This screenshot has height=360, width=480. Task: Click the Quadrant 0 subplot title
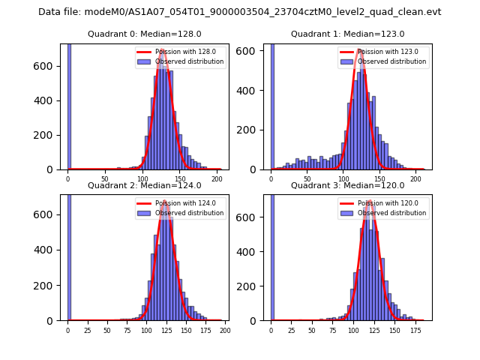[x=143, y=34]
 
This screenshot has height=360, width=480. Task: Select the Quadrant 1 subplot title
[x=347, y=34]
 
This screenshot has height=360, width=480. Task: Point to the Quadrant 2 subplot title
[x=143, y=185]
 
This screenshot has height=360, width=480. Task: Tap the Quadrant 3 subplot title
[x=347, y=185]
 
